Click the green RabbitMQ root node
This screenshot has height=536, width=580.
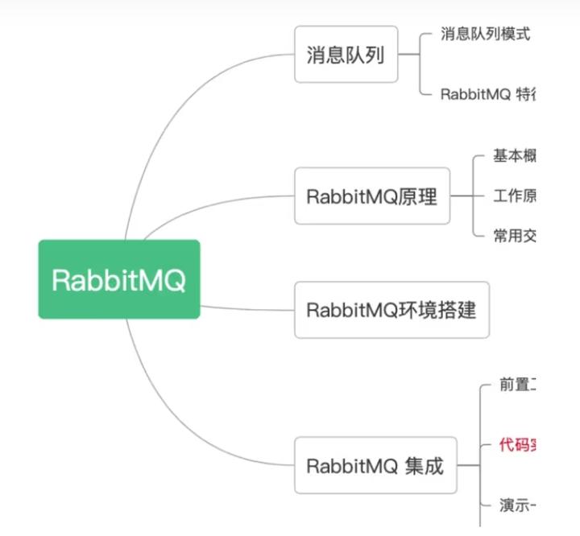(x=119, y=279)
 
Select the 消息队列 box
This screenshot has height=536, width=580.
(x=346, y=55)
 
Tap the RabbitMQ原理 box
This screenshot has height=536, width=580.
(x=371, y=196)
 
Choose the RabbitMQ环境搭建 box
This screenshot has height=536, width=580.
(x=391, y=309)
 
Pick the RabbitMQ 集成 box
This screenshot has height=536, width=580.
(x=375, y=465)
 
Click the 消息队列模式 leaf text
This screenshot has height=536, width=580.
(x=485, y=34)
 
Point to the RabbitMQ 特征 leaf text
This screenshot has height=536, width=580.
(x=487, y=94)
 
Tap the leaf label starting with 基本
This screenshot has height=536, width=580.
(x=515, y=156)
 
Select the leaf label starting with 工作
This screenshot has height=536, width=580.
(x=515, y=196)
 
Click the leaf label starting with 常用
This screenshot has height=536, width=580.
(x=515, y=235)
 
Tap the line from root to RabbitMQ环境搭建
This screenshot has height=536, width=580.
(x=246, y=308)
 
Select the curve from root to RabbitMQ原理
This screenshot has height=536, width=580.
(x=209, y=204)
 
